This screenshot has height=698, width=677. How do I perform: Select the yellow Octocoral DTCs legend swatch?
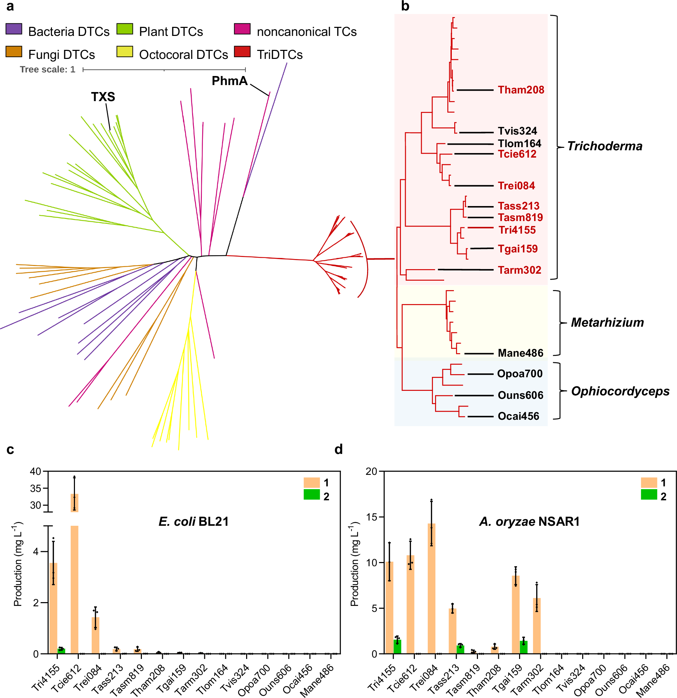tap(125, 52)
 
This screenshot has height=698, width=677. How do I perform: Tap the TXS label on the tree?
tap(103, 97)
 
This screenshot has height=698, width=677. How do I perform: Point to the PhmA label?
tap(229, 81)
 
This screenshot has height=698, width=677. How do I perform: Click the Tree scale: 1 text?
tap(47, 69)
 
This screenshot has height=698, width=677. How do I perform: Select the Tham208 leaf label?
tap(521, 90)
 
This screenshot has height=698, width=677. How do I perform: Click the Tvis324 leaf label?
tap(517, 131)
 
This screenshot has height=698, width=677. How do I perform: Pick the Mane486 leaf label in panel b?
tap(520, 353)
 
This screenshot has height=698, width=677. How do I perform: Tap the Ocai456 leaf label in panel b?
tap(518, 416)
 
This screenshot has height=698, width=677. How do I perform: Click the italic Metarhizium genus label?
tap(607, 323)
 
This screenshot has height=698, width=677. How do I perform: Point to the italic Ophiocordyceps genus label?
tap(620, 392)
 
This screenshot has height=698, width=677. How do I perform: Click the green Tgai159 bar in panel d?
tap(523, 647)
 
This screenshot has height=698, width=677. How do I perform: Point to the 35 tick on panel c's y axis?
tap(36, 488)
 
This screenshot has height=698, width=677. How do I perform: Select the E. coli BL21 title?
tap(193, 522)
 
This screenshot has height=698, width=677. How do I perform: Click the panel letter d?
tap(338, 449)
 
